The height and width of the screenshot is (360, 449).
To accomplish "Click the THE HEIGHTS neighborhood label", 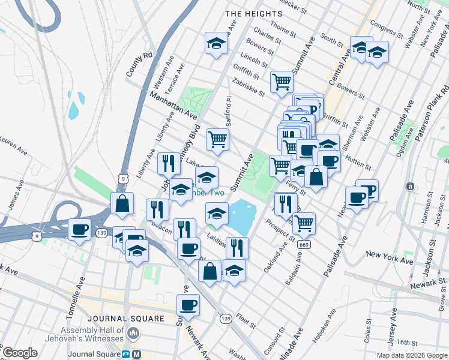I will [x=253, y=14].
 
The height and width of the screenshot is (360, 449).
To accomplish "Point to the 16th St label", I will [x=406, y=343].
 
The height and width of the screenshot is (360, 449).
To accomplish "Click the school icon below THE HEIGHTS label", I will [x=217, y=44].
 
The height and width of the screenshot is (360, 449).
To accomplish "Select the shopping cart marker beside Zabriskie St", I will [x=282, y=82].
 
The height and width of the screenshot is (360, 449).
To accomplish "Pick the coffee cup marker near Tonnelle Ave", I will [x=80, y=230].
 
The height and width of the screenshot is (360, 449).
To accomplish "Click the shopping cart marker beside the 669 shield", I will [x=304, y=223].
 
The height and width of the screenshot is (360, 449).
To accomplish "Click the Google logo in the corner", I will [x=20, y=353].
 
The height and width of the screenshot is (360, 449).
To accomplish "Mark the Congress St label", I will [x=383, y=28].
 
